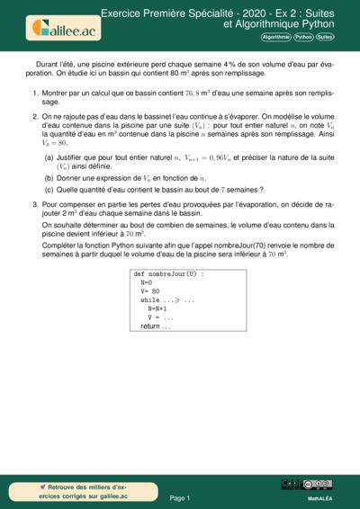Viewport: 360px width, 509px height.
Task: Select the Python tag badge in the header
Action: click(x=303, y=38)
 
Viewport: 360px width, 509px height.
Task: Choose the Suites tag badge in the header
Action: click(x=325, y=38)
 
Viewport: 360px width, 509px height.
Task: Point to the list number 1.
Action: click(x=34, y=94)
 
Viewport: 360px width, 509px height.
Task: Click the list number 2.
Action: click(x=34, y=116)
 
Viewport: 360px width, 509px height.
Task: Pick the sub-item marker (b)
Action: click(x=49, y=178)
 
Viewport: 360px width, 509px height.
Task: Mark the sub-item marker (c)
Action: click(x=49, y=190)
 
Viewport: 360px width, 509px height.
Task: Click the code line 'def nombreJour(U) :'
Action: click(x=168, y=272)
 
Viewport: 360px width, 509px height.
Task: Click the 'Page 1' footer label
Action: click(x=179, y=497)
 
